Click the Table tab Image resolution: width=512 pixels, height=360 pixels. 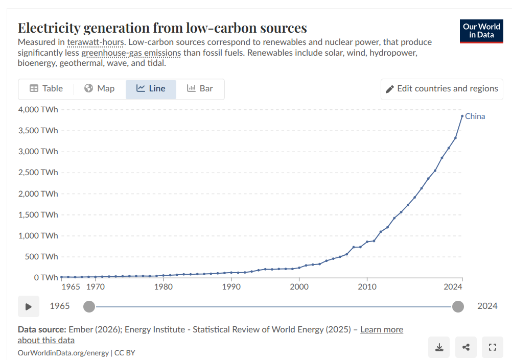46,89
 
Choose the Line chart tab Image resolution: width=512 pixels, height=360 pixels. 151,89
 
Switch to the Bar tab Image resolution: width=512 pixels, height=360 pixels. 200,89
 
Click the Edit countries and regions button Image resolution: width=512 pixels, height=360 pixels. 442,89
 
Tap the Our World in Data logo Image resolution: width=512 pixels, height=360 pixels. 481,31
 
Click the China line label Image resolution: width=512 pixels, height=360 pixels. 475,116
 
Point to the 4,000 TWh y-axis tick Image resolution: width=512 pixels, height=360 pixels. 38,109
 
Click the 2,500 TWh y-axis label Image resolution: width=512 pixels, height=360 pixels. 38,173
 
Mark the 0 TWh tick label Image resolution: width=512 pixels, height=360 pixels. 46,278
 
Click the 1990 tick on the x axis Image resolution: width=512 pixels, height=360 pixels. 231,287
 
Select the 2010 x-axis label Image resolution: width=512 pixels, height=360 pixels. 367,287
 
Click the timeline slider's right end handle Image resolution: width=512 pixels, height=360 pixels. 458,306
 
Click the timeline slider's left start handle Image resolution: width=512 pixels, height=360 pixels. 89,306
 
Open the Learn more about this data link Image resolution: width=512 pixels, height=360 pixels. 381,330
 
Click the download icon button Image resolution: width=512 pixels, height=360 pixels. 439,348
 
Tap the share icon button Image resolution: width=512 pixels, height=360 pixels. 466,348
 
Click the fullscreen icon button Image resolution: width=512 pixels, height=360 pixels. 493,348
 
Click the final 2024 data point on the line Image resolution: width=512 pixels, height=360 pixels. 462,116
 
